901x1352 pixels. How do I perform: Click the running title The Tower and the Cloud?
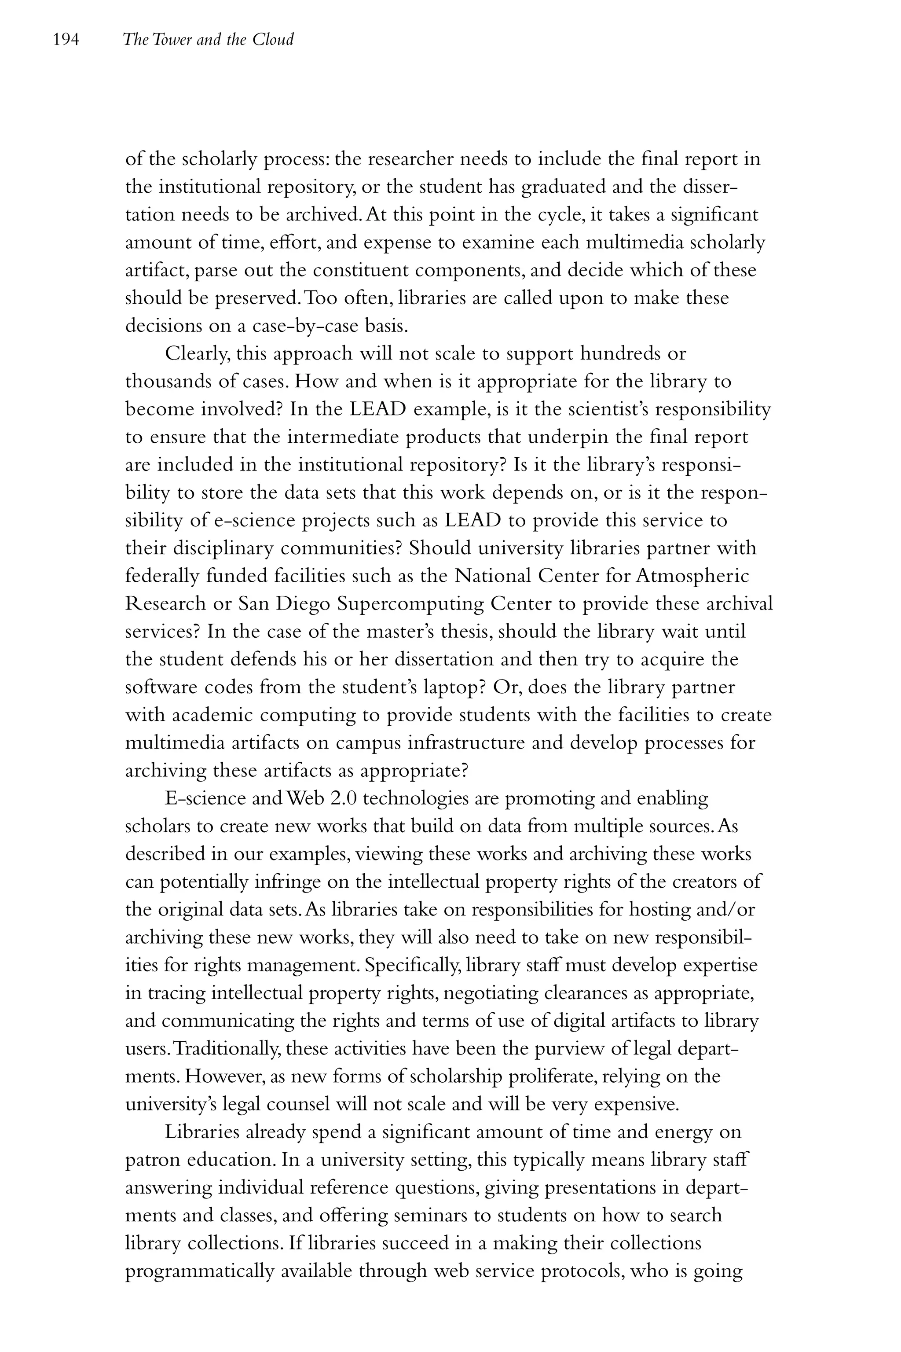pos(208,40)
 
